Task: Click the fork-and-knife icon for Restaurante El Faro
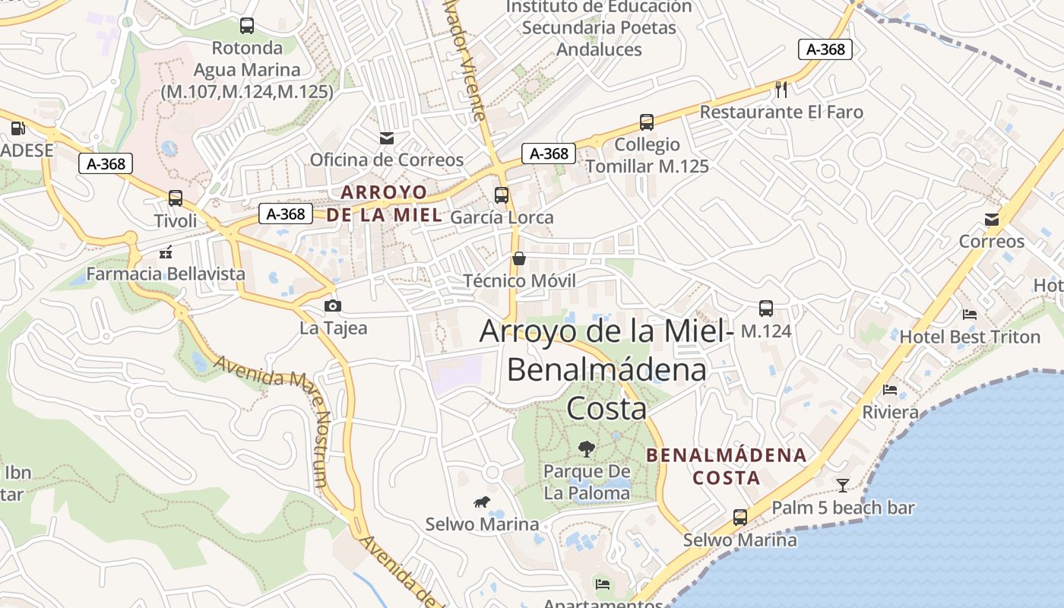tap(781, 90)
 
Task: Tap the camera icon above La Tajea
tap(332, 306)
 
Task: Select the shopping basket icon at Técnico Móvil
tap(519, 259)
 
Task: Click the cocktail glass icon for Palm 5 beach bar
tap(843, 485)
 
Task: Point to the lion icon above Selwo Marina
tap(482, 502)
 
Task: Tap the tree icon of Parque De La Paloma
tap(586, 448)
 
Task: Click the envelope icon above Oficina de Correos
tap(387, 138)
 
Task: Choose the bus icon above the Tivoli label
tap(176, 198)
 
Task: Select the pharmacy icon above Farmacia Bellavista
tap(166, 252)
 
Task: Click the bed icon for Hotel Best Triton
tap(969, 314)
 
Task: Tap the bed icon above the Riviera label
tap(890, 390)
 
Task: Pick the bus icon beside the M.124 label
tap(765, 309)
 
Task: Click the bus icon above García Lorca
tap(502, 195)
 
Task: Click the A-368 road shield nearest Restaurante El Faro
tap(825, 49)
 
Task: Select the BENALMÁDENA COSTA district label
tap(726, 466)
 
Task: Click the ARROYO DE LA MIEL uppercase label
tap(384, 203)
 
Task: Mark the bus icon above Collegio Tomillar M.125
tap(647, 122)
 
